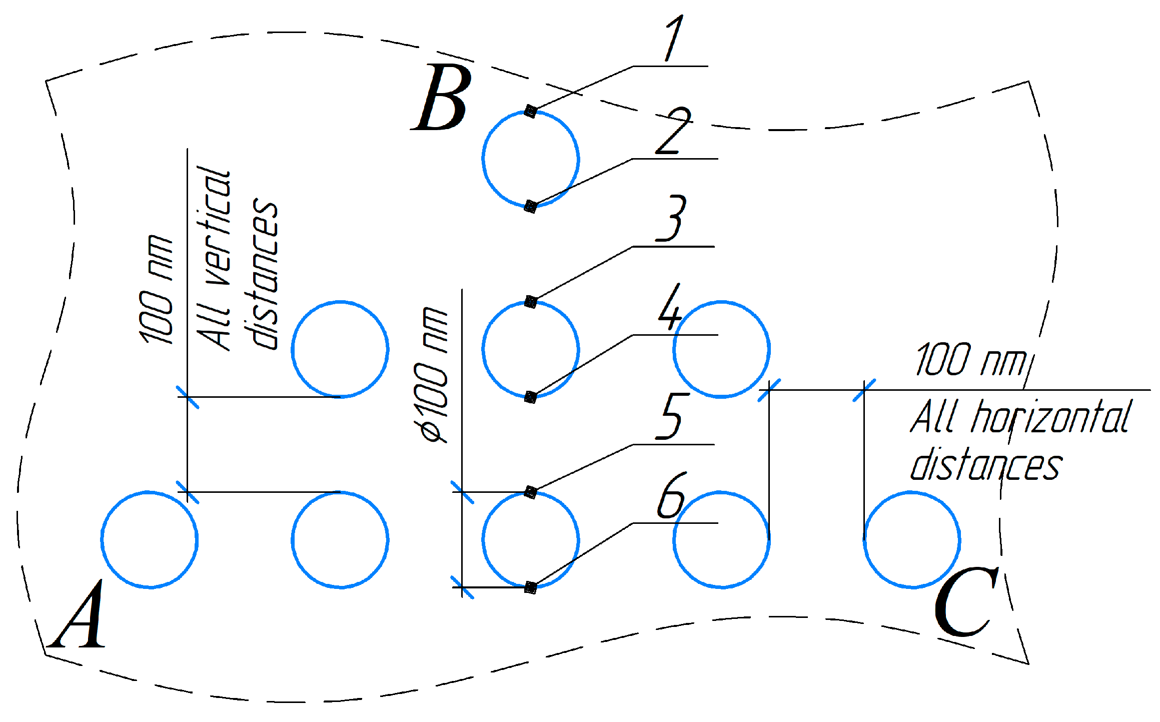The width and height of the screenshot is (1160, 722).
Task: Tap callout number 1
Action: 674,38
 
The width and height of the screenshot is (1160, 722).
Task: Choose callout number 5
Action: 672,416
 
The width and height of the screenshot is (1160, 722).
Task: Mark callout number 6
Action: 670,496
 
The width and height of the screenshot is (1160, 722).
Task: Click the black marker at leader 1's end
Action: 531,111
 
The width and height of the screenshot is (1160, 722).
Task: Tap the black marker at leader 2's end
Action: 530,206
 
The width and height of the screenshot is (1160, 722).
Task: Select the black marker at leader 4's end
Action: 531,397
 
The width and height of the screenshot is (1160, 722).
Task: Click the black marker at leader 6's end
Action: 531,587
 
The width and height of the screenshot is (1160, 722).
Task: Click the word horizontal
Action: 1050,417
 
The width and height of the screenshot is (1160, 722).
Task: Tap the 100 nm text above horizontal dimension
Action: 970,360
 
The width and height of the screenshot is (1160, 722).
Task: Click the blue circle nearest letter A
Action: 150,539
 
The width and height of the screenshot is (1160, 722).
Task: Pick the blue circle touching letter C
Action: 911,539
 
